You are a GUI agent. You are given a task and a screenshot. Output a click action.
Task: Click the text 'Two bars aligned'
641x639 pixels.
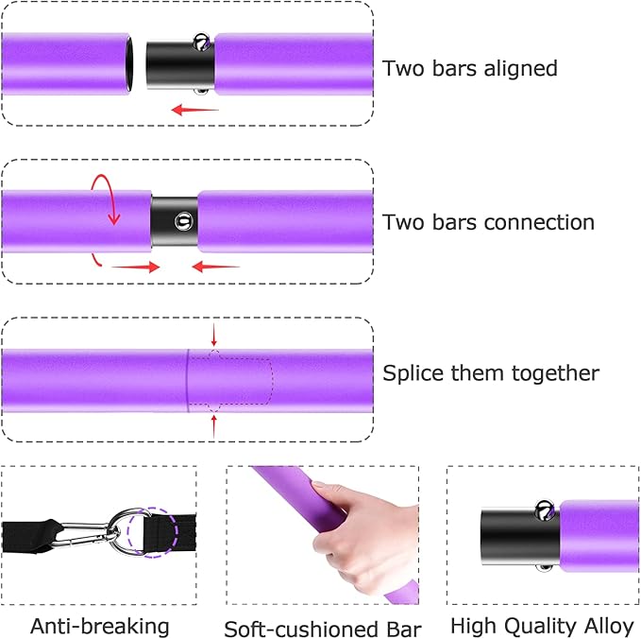(469, 69)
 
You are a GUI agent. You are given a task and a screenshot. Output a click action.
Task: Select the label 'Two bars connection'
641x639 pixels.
(488, 223)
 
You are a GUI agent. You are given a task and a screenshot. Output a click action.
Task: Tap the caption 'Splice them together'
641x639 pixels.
(490, 373)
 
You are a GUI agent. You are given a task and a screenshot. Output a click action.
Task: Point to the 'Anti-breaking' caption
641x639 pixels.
(100, 626)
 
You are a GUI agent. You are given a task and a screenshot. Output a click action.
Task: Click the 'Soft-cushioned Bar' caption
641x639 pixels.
(322, 629)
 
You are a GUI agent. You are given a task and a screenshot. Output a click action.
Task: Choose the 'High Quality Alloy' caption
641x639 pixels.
(543, 626)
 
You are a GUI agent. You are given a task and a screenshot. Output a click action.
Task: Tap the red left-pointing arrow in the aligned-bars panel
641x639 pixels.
(194, 110)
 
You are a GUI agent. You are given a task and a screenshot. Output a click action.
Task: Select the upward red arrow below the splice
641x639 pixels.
(214, 424)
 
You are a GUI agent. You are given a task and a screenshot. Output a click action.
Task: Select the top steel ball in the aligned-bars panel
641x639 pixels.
(202, 42)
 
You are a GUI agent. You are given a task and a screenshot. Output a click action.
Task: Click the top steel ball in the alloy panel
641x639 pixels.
(545, 510)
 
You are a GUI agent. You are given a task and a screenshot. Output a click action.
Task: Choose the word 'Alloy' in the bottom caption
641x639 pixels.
(610, 626)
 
